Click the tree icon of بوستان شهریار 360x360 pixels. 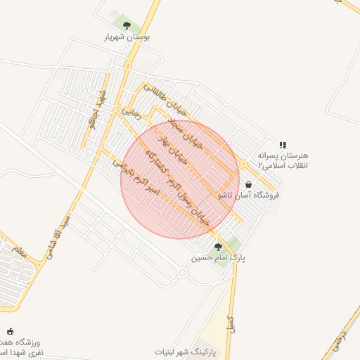pyautogui.click(x=127, y=25)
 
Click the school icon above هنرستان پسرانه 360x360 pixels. pyautogui.click(x=283, y=144)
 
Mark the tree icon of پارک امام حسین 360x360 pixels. pyautogui.click(x=218, y=247)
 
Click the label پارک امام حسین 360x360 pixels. pyautogui.click(x=219, y=258)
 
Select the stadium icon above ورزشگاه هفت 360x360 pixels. pyautogui.click(x=10, y=331)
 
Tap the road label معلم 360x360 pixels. pyautogui.click(x=18, y=251)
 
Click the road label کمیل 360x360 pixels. pyautogui.click(x=229, y=323)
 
